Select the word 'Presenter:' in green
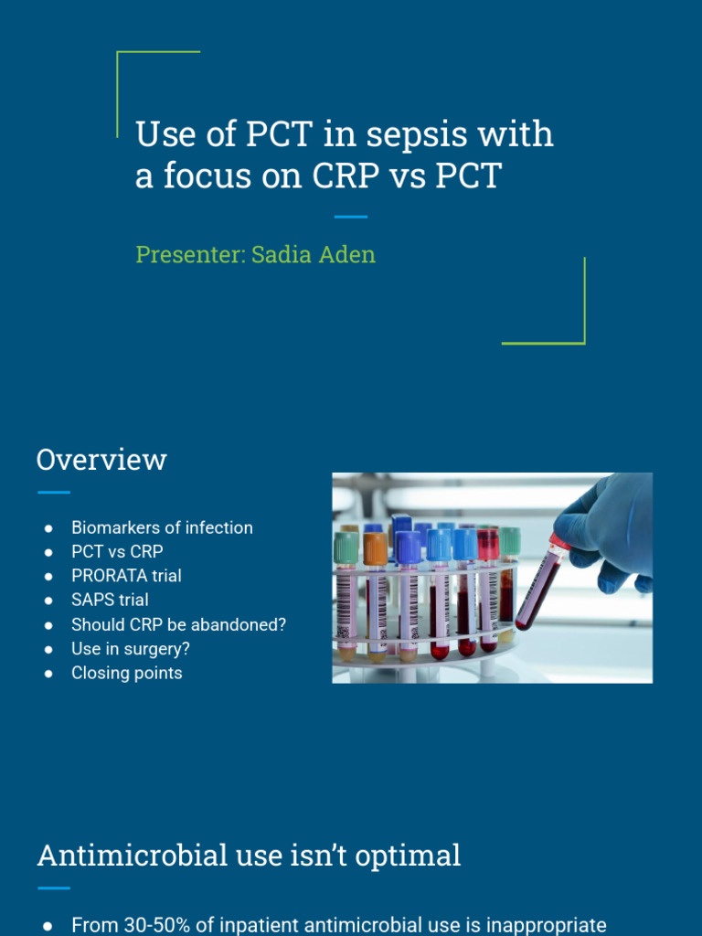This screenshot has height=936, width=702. click(190, 254)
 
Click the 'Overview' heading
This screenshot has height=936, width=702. click(101, 459)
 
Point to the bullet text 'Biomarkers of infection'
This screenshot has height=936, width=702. click(162, 527)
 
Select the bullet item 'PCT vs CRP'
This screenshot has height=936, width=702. click(117, 552)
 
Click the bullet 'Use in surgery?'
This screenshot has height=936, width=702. click(131, 649)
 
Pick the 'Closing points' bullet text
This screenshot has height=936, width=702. click(127, 673)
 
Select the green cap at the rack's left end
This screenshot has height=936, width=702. click(346, 547)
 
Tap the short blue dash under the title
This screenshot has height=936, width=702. click(350, 217)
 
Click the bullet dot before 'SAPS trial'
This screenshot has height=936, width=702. click(48, 601)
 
